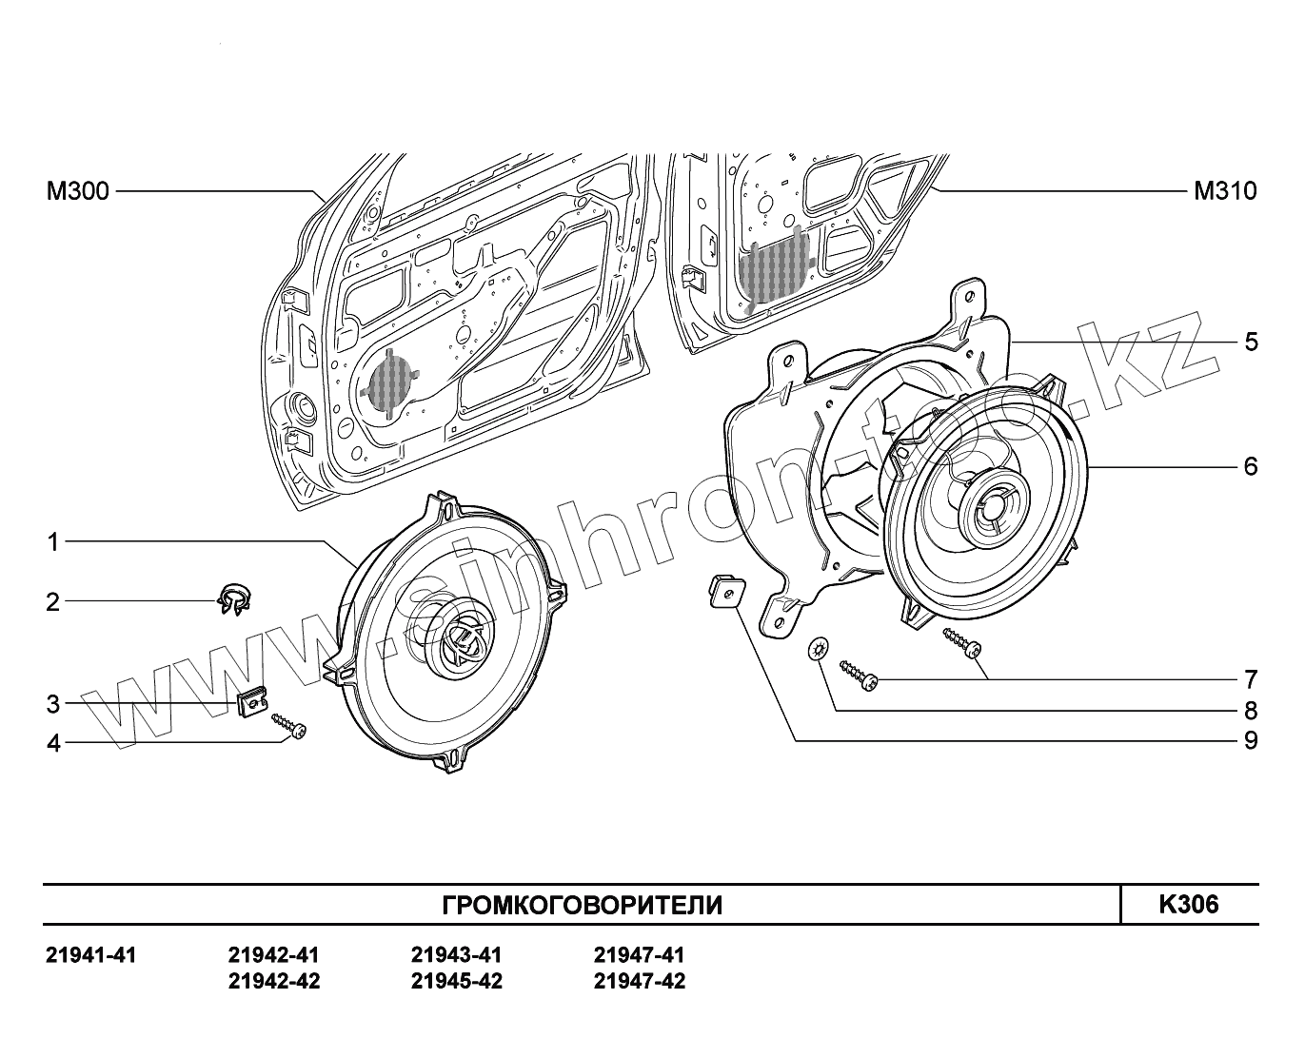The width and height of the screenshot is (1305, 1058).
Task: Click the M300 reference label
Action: point(78,192)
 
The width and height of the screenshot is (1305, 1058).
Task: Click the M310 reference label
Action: point(1225,192)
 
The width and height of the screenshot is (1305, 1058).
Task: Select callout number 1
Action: point(53,542)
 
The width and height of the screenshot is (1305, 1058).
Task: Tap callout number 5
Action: point(1251,342)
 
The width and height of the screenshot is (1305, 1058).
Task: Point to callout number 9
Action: point(1251,740)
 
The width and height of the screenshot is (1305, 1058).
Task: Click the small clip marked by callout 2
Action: point(231,598)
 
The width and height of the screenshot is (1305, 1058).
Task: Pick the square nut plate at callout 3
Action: point(250,705)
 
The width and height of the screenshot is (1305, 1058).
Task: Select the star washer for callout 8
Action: point(817,651)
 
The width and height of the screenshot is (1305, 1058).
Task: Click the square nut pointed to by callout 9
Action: point(725,592)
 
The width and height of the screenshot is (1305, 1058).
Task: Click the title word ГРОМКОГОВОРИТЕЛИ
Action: point(583,905)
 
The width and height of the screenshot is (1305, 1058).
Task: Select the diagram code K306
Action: point(1188,904)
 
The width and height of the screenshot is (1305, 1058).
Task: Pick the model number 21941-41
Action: point(91,955)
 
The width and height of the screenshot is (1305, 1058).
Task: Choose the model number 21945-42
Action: point(457,981)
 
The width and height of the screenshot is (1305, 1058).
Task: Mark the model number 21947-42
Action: point(640,981)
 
